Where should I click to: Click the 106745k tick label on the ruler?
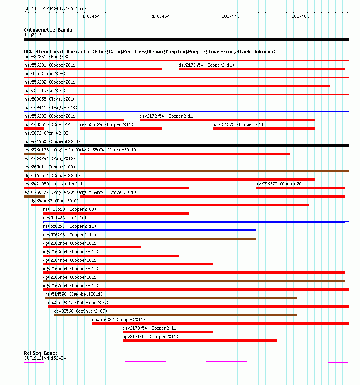(91, 16)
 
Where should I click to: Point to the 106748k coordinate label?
(300, 16)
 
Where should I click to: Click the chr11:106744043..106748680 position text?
(56, 8)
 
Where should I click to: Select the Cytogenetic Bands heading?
(48, 30)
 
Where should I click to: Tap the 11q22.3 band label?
(33, 35)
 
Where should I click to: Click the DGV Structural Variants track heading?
(150, 52)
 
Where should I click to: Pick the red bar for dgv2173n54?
(262, 69)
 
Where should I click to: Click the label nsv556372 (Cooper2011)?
(239, 124)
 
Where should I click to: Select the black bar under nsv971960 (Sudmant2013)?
(186, 145)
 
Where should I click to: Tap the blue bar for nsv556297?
(149, 230)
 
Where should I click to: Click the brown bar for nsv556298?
(149, 239)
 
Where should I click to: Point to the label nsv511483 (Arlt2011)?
(67, 218)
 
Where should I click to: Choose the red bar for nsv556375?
(300, 188)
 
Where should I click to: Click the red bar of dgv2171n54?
(199, 341)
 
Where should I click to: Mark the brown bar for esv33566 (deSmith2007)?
(176, 315)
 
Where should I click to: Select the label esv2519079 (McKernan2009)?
(78, 303)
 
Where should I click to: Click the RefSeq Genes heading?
(41, 353)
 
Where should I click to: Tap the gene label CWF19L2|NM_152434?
(44, 358)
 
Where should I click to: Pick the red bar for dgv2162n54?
(92, 247)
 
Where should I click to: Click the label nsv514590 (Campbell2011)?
(74, 294)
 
